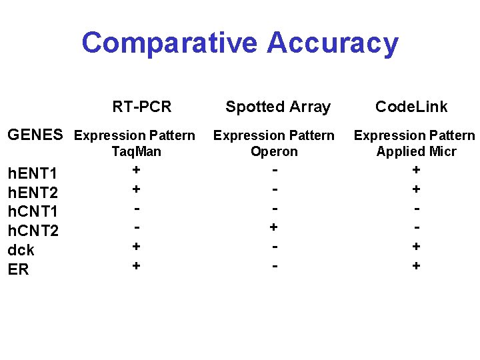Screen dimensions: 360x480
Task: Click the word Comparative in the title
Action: (169, 43)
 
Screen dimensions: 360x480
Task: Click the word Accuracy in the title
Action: (332, 43)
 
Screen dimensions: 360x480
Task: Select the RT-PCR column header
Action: (142, 107)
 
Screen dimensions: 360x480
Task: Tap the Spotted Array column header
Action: (278, 107)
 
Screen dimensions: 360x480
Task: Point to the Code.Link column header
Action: (411, 107)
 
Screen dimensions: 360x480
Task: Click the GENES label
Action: (35, 135)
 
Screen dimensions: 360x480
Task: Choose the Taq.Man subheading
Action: (136, 151)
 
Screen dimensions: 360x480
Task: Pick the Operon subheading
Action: (274, 151)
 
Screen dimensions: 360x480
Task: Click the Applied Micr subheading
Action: (416, 151)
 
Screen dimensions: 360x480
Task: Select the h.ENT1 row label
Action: (31, 174)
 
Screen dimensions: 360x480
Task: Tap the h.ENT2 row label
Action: (31, 193)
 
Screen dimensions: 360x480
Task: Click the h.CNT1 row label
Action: (32, 212)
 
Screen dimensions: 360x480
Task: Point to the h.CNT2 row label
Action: (32, 231)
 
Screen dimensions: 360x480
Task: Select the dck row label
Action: (21, 251)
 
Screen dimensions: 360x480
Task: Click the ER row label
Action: (18, 270)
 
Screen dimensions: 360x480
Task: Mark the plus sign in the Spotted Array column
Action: (273, 227)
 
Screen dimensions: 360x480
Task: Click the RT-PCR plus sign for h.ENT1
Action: (136, 170)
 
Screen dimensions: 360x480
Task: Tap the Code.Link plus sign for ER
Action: (417, 266)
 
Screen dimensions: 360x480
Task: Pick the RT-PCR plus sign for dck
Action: (136, 246)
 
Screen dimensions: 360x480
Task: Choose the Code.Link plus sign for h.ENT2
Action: (417, 189)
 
